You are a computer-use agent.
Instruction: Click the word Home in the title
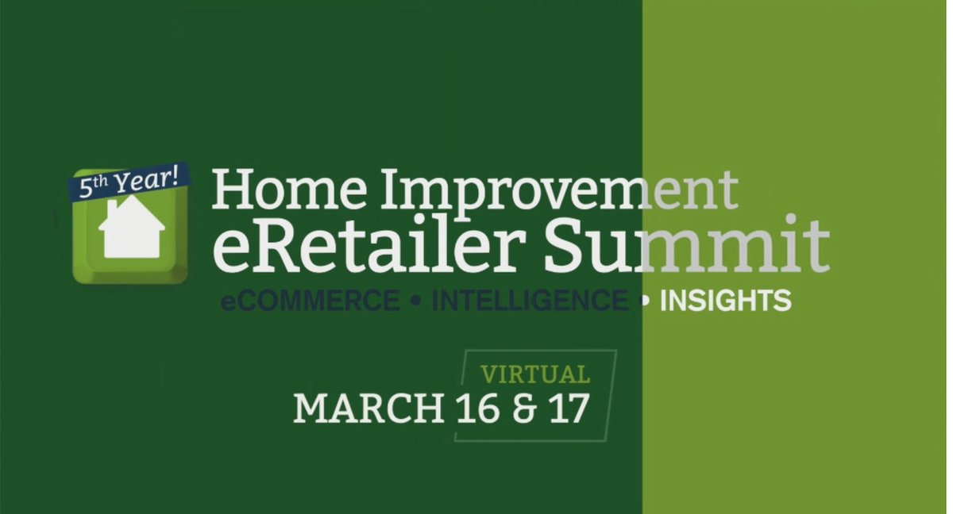289,189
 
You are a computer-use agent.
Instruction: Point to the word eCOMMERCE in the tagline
311,301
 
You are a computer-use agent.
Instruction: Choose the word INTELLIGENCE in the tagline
531,301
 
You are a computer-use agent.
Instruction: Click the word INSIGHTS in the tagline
725,301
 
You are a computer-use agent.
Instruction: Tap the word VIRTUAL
535,374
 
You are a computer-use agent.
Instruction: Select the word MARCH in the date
368,409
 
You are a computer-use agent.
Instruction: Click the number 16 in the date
477,409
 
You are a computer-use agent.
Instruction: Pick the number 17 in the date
569,409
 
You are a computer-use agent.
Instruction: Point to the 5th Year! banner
129,181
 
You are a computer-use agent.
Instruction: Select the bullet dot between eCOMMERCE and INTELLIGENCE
416,301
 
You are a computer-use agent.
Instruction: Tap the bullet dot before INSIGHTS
645,301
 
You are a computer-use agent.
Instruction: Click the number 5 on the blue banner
86,189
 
